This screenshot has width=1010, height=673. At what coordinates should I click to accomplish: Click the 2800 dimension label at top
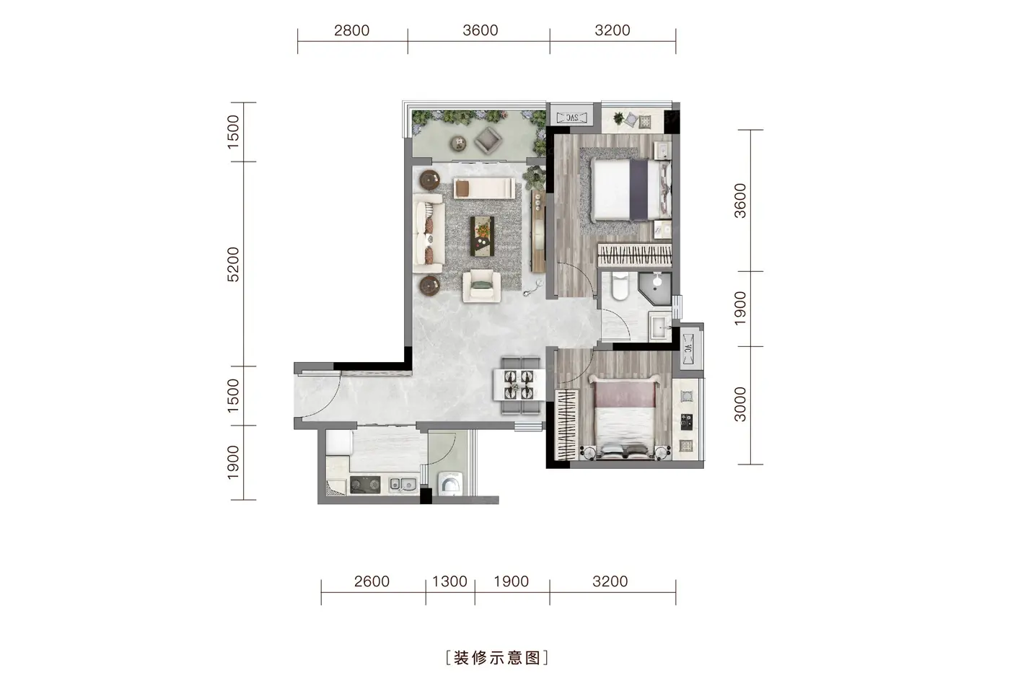click(x=352, y=30)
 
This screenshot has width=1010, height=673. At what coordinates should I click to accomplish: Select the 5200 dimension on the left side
click(x=233, y=265)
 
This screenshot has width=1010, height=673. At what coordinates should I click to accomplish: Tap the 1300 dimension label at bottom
click(x=449, y=581)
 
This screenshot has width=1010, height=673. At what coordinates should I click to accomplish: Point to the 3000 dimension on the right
click(x=740, y=405)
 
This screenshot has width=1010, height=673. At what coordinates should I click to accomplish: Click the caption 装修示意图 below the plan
click(x=497, y=658)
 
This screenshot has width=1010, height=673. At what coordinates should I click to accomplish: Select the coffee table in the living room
click(x=482, y=236)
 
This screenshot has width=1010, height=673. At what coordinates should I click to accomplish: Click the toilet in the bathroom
click(x=620, y=286)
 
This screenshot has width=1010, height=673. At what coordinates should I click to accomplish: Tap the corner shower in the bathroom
click(x=655, y=288)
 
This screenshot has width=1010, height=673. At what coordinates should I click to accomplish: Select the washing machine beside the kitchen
click(x=449, y=484)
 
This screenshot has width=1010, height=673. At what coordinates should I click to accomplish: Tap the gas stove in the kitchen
click(x=365, y=485)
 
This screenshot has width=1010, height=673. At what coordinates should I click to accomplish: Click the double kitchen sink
click(x=403, y=485)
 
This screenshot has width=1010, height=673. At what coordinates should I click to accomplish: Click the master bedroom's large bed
click(x=631, y=189)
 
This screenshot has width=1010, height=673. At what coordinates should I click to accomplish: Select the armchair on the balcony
click(x=489, y=140)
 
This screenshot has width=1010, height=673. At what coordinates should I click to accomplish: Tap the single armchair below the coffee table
click(x=482, y=286)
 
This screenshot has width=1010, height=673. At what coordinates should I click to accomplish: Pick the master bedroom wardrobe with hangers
click(x=634, y=255)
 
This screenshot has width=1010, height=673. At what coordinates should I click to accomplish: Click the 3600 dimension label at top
click(x=480, y=30)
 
